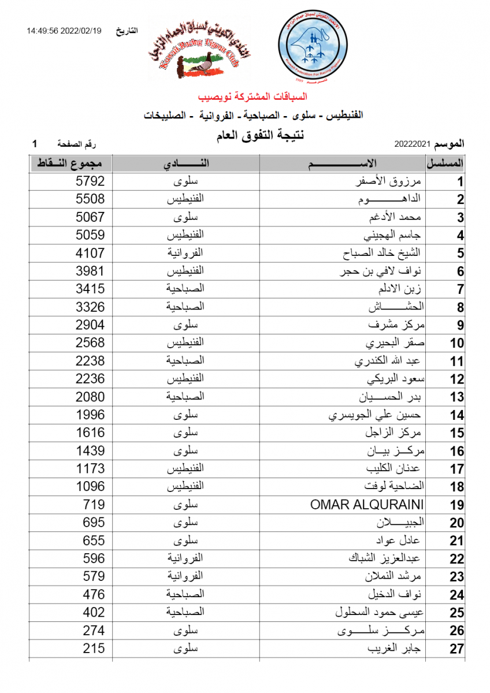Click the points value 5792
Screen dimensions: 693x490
90,181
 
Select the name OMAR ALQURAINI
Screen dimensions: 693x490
367,505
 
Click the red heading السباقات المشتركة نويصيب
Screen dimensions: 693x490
253,96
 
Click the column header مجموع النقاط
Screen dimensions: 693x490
70,163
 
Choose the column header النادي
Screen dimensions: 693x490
185,163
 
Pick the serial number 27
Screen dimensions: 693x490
456,649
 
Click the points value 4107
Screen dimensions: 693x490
90,253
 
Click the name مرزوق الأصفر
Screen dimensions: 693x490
392,181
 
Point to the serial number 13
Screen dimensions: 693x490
456,397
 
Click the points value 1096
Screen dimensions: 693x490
90,486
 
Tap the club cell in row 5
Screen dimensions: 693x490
185,253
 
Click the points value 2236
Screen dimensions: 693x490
90,379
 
